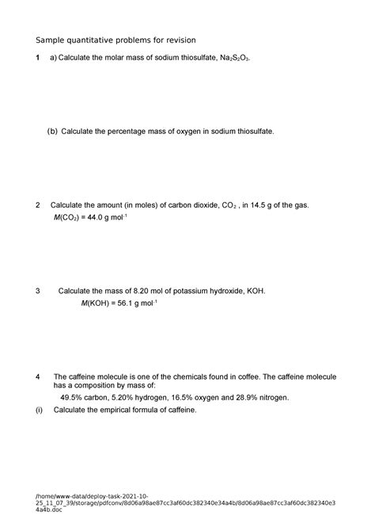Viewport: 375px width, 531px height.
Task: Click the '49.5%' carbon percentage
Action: pos(72,398)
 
